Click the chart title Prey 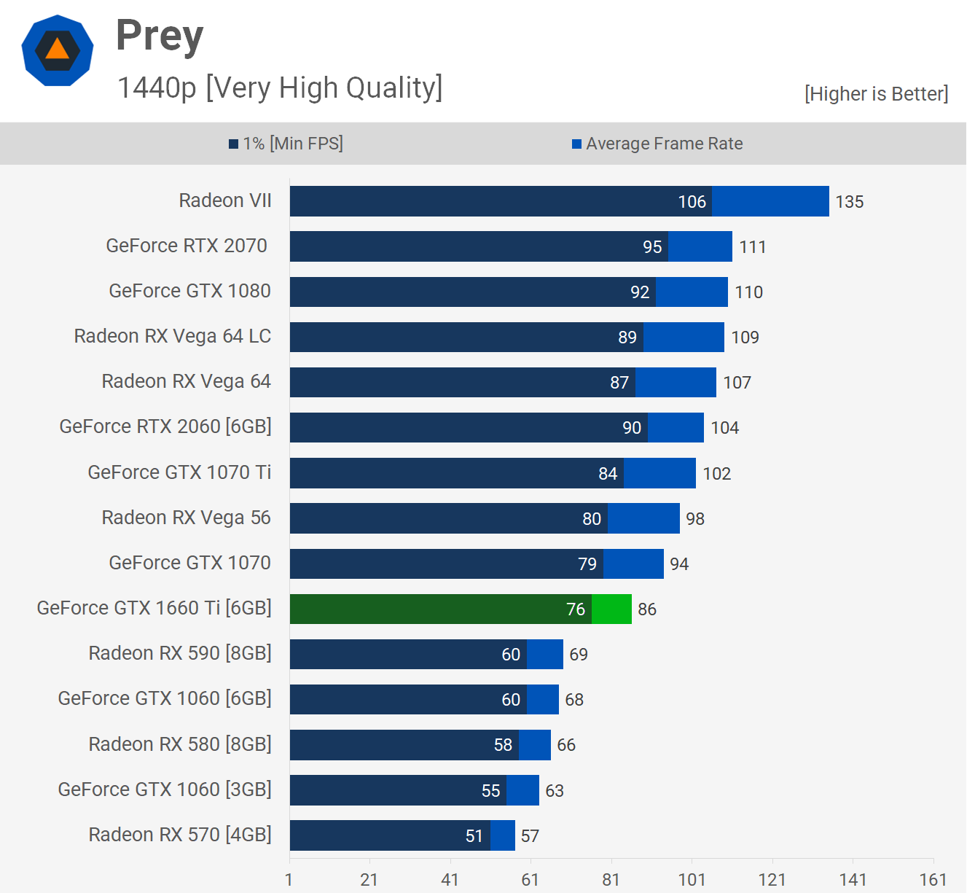point(160,36)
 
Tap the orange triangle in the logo point(57,50)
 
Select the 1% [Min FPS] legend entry point(286,144)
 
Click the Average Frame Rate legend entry point(657,144)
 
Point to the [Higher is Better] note point(876,94)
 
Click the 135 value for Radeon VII point(849,202)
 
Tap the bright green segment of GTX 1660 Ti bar point(611,609)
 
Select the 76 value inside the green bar point(575,609)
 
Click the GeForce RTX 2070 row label point(187,246)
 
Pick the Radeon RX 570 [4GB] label point(180,835)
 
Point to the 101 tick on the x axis point(692,880)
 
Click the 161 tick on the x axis point(933,880)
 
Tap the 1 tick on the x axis point(289,880)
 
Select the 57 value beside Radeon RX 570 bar point(530,836)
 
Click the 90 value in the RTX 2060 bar point(632,428)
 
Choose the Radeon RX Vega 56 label point(186,518)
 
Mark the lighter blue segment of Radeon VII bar point(770,201)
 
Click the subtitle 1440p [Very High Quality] point(280,87)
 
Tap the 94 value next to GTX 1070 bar point(679,564)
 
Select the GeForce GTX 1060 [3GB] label point(165,789)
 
